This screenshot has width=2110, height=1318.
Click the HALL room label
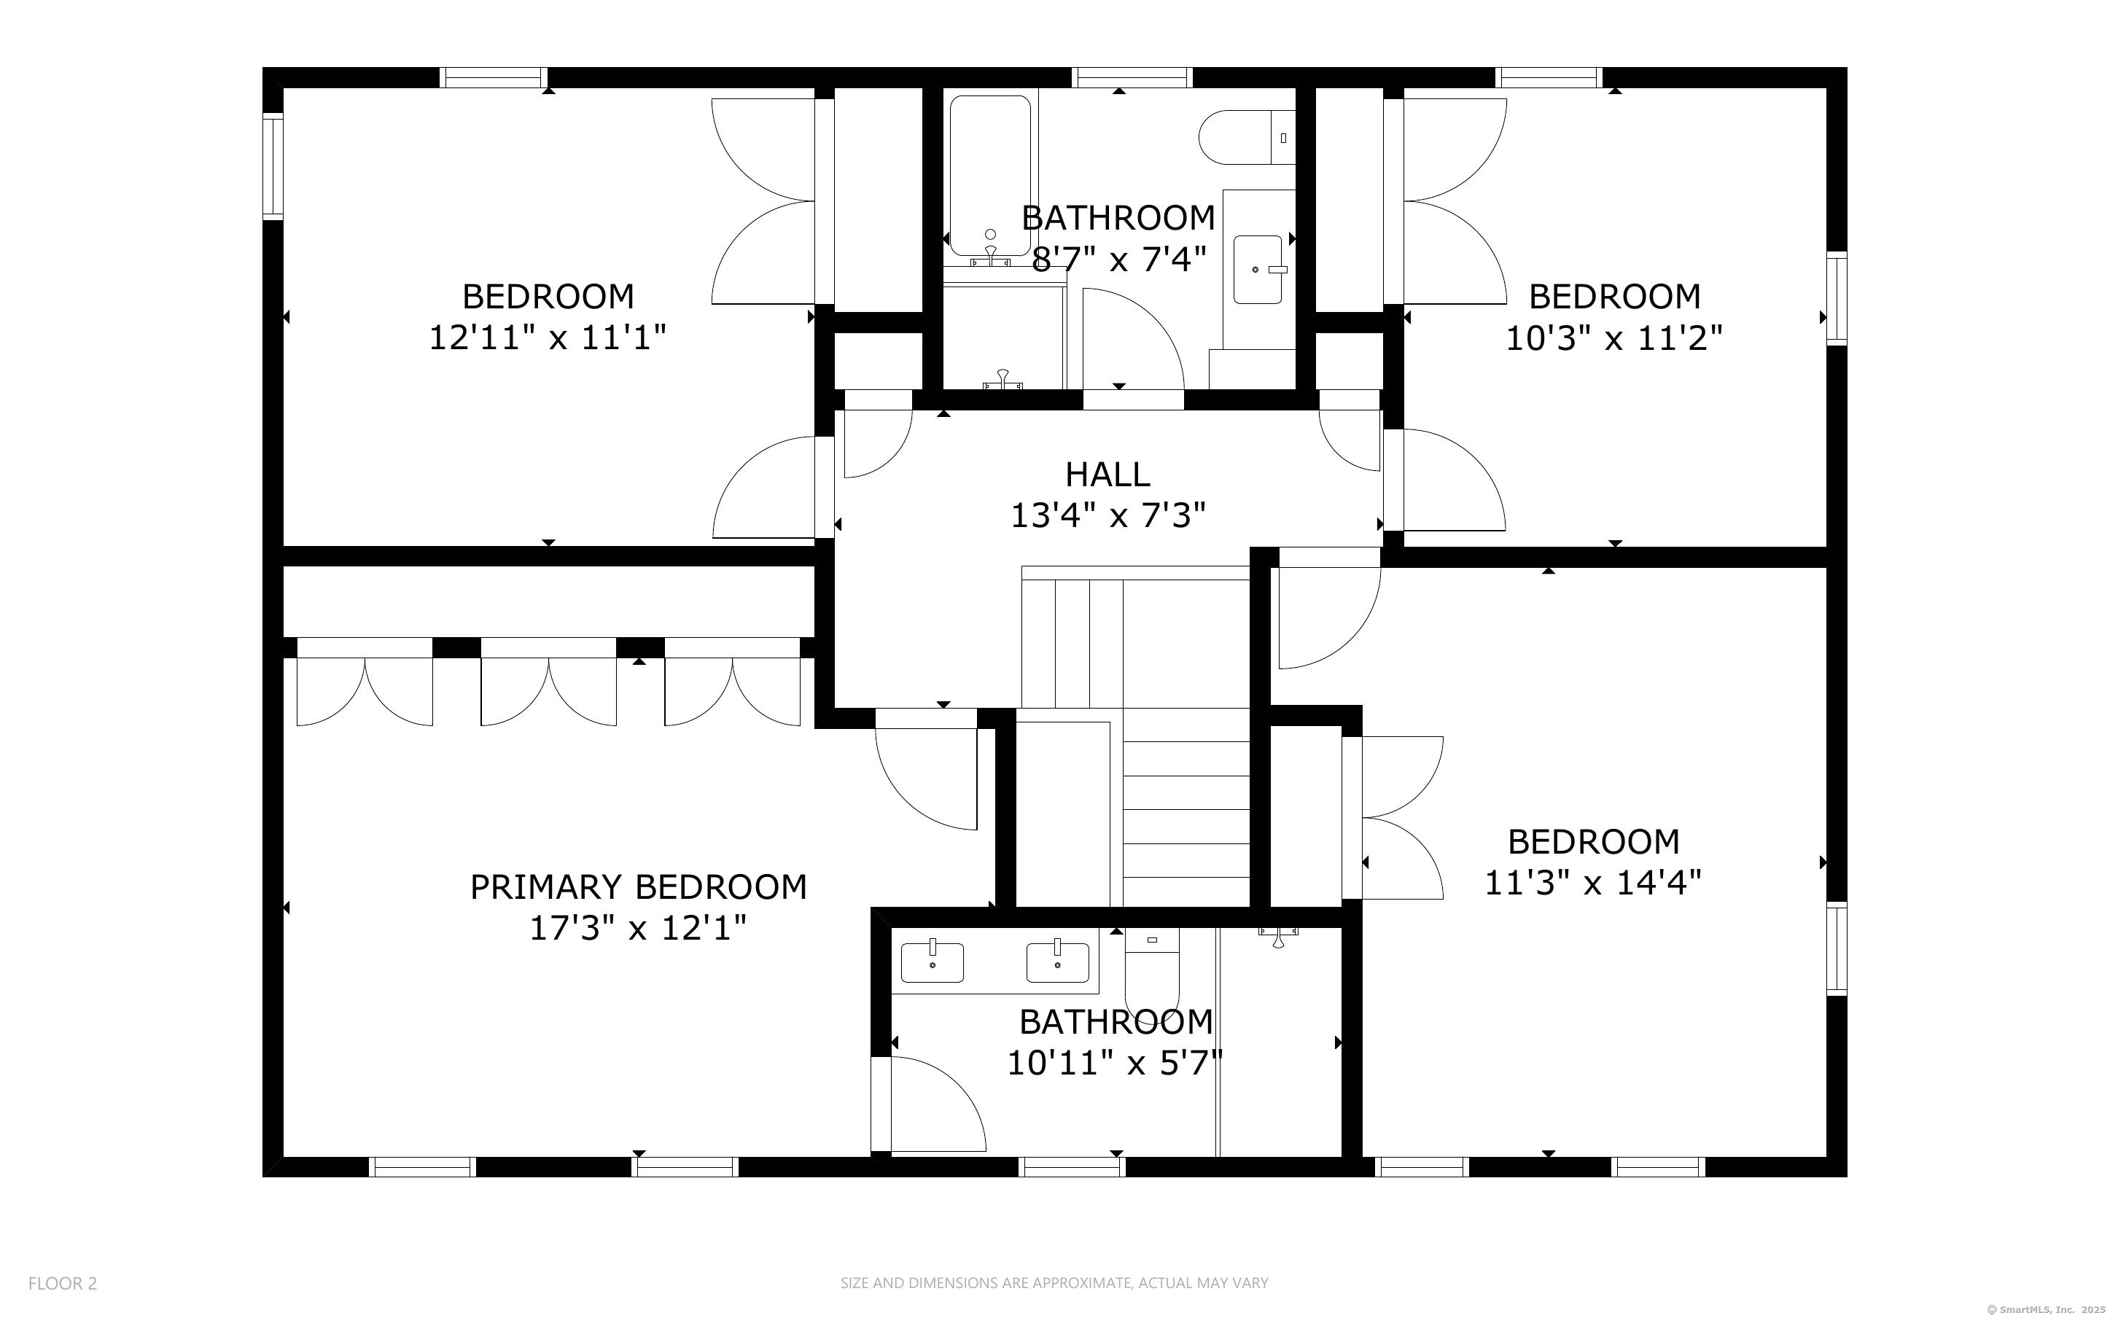click(x=1107, y=474)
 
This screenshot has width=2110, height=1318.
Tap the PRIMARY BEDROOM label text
click(x=639, y=887)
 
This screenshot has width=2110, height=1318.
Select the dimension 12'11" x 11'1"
click(x=548, y=338)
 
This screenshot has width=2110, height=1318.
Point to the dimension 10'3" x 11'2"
click(x=1614, y=338)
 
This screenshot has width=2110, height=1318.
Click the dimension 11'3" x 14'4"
click(x=1592, y=883)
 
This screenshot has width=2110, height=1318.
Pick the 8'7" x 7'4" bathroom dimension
click(x=1119, y=259)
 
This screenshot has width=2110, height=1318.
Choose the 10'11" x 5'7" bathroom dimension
click(x=1116, y=1063)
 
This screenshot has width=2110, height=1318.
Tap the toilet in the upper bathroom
click(x=1246, y=137)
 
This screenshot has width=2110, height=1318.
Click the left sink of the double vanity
click(x=933, y=962)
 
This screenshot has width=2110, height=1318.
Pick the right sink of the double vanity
click(x=1057, y=962)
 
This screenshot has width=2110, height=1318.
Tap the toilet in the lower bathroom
click(x=1152, y=968)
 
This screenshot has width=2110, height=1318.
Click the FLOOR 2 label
click(x=63, y=1283)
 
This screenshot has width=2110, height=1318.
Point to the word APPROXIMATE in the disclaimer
click(x=1081, y=1283)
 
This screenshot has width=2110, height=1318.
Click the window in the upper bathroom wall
click(x=1132, y=77)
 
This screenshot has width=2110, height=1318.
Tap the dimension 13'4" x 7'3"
click(x=1107, y=516)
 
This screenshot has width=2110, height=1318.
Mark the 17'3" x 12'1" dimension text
click(x=639, y=928)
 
